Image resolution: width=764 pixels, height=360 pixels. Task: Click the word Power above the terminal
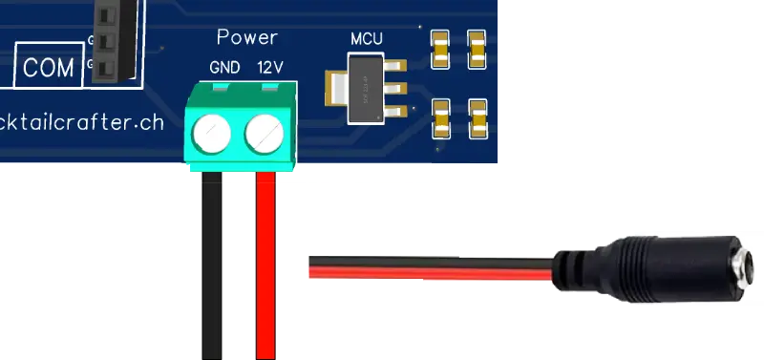pyautogui.click(x=246, y=37)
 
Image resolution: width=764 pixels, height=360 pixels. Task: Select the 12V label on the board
pyautogui.click(x=270, y=69)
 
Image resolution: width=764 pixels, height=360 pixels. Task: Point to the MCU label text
pyautogui.click(x=369, y=39)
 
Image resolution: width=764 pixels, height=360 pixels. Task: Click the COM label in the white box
pyautogui.click(x=49, y=68)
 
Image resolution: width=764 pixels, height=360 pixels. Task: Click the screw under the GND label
pyautogui.click(x=215, y=136)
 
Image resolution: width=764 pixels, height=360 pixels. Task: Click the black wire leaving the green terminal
pyautogui.click(x=211, y=267)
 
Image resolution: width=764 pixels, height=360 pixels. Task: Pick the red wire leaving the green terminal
pyautogui.click(x=265, y=267)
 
